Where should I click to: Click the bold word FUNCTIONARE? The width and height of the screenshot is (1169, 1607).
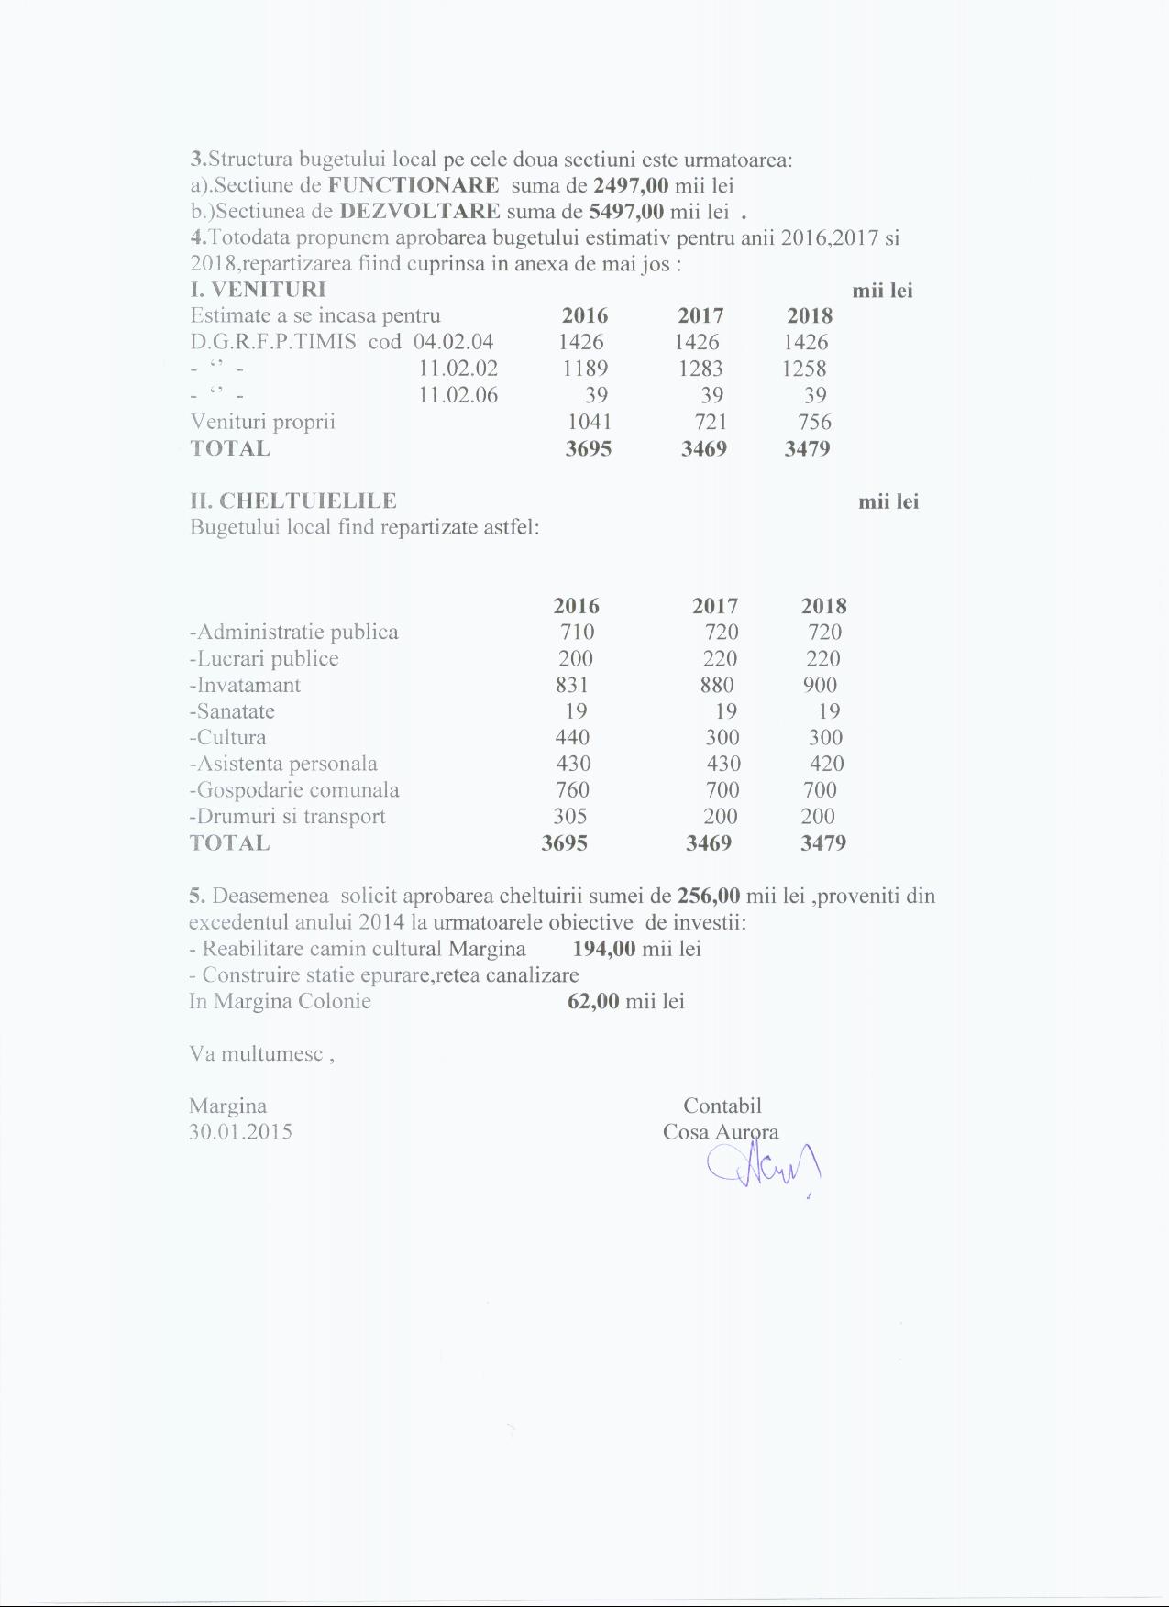(x=414, y=185)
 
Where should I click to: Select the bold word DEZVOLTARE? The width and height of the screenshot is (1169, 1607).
(x=420, y=211)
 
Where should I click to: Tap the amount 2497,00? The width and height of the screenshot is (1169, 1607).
(x=631, y=185)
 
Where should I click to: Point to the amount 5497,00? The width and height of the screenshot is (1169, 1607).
(x=626, y=211)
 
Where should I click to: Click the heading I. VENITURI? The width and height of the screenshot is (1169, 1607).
(x=258, y=290)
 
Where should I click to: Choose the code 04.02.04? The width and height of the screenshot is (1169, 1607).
(x=454, y=342)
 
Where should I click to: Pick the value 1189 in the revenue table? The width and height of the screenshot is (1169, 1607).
(x=585, y=369)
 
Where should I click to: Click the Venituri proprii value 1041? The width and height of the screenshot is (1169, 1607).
(x=590, y=422)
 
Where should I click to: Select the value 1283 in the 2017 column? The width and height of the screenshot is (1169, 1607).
(x=700, y=369)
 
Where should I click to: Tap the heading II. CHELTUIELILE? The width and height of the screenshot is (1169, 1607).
(x=293, y=501)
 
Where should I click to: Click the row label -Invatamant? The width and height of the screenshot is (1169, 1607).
(x=245, y=685)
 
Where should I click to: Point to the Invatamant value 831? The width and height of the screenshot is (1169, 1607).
(x=572, y=685)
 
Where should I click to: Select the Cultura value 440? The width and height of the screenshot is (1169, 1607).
(x=573, y=737)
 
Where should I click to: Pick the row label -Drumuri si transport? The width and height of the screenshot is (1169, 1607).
(x=287, y=817)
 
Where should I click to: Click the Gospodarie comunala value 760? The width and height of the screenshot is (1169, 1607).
(x=573, y=790)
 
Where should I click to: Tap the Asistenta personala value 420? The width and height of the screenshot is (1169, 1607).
(x=827, y=764)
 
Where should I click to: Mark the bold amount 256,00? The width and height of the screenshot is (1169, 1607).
(x=709, y=896)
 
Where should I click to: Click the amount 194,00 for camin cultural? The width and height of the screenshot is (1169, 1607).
(x=604, y=948)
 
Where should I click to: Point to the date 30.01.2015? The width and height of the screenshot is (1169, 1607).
(x=240, y=1131)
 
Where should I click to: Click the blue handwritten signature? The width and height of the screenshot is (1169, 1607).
(x=763, y=1168)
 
